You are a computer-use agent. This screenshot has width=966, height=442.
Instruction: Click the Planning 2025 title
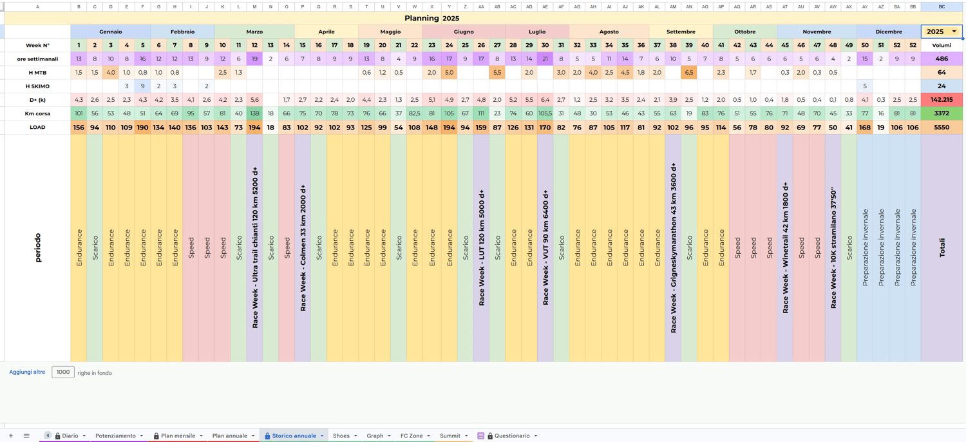coord(431,18)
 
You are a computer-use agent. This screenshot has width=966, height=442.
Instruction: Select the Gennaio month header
coord(110,32)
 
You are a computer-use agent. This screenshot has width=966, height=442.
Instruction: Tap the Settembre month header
coord(681,32)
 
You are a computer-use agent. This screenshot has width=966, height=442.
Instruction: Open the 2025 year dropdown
coord(954,32)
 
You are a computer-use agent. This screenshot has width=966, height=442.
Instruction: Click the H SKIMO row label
coord(37,86)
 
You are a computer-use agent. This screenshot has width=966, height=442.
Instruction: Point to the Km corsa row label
coord(37,113)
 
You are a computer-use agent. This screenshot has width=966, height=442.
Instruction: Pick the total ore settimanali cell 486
coord(942,59)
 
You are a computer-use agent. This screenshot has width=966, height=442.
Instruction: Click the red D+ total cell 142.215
coord(942,100)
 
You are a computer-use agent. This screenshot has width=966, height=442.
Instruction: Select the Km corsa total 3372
coord(942,113)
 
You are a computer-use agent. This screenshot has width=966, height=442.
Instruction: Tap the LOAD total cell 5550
coord(942,128)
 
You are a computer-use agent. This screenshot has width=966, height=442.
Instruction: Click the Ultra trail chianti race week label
coord(255,247)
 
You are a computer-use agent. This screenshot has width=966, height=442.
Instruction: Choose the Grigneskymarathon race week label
coord(673,247)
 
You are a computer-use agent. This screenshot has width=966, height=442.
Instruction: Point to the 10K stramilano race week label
coord(833,247)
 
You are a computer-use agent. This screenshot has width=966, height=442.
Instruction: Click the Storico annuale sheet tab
coord(294,436)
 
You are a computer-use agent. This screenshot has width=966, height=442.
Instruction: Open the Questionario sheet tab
coord(508,436)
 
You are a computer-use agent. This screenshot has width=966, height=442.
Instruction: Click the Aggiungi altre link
coord(27,372)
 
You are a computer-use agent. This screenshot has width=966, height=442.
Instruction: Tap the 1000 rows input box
coord(63,372)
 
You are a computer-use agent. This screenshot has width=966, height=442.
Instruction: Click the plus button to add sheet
coord(11,436)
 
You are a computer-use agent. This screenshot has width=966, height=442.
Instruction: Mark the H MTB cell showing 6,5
coord(689,73)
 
